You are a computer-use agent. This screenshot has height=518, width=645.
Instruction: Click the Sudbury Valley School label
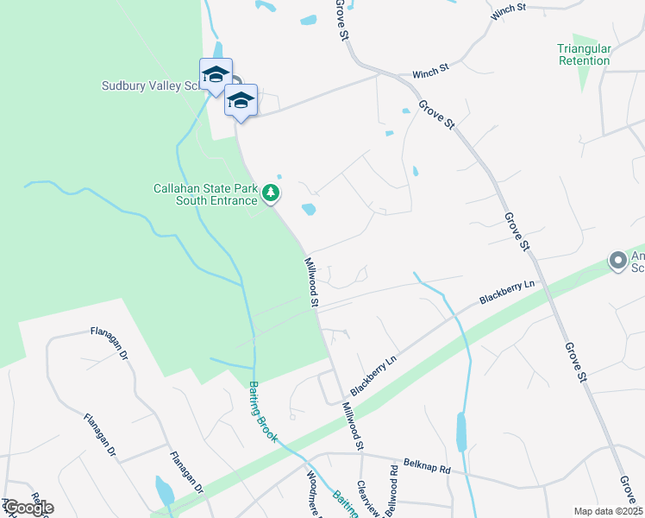pyautogui.click(x=152, y=85)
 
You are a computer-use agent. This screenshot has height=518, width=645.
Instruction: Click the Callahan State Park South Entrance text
pyautogui.click(x=205, y=194)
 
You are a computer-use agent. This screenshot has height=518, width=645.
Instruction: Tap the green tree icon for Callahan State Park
pyautogui.click(x=272, y=193)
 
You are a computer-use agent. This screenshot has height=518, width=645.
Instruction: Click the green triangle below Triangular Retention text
pyautogui.click(x=585, y=79)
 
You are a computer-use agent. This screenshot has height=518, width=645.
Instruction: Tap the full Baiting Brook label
pyautogui.click(x=263, y=412)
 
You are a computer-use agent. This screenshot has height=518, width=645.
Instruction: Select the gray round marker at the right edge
pyautogui.click(x=617, y=260)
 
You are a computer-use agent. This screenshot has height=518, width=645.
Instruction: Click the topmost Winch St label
pyautogui.click(x=508, y=9)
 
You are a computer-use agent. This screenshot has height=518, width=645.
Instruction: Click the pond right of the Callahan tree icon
pyautogui.click(x=307, y=209)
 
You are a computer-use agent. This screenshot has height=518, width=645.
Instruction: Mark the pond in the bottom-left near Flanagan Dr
pyautogui.click(x=164, y=490)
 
